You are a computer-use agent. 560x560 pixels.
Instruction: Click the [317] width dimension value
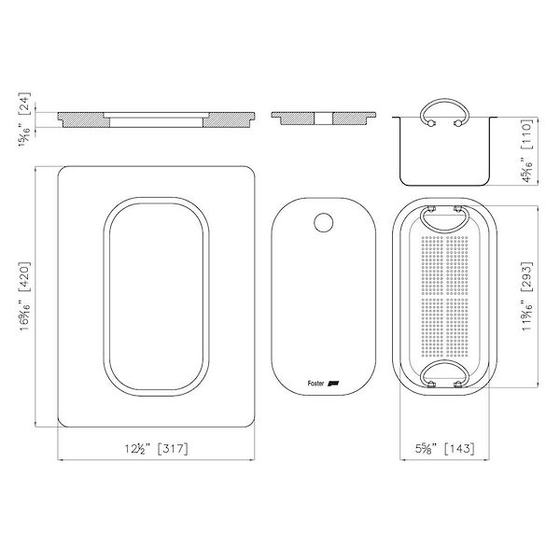pos(173,448)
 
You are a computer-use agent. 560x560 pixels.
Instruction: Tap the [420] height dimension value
pos(25,277)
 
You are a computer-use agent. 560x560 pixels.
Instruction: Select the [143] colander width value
pos(459,448)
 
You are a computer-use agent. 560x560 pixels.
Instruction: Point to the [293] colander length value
pos(527,277)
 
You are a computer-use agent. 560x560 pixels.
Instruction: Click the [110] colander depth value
pos(527,134)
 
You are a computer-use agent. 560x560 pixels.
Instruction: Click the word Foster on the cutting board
pos(315,384)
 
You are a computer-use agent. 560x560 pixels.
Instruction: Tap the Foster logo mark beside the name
pos(333,384)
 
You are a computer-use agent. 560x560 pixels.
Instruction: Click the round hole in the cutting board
pos(324,222)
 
